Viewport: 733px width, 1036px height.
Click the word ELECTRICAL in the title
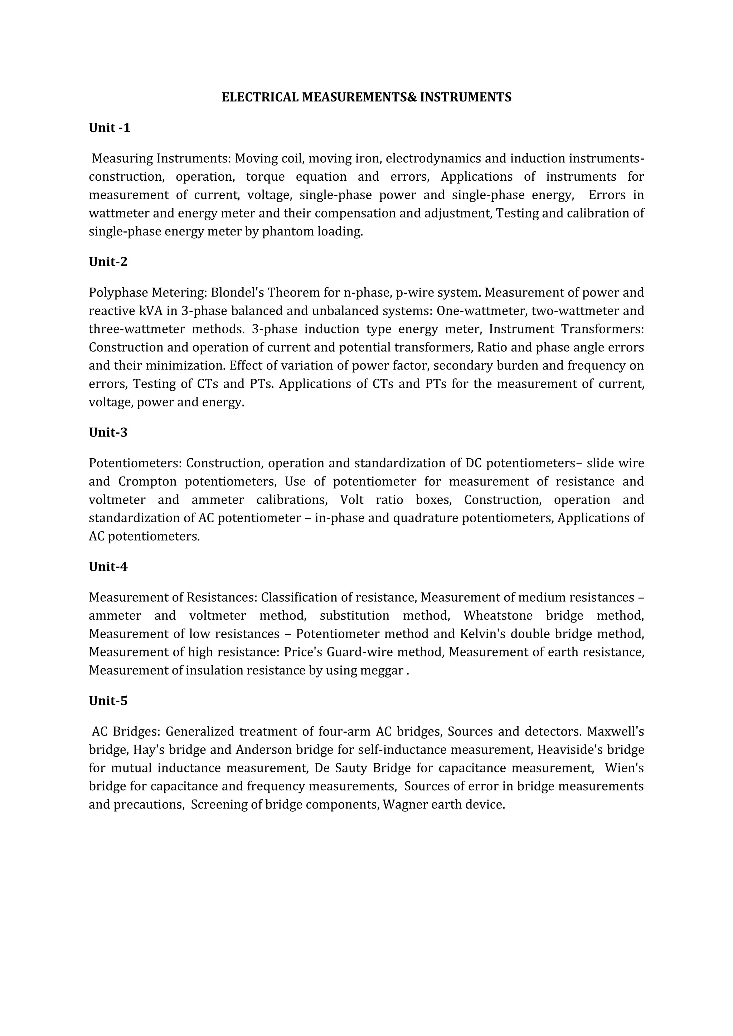click(260, 97)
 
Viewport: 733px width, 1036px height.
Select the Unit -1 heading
click(110, 128)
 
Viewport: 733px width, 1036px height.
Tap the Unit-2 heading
click(108, 262)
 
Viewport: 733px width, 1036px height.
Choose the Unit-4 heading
click(108, 566)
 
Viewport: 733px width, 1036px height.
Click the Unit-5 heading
click(108, 701)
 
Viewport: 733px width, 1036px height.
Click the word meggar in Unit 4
click(382, 670)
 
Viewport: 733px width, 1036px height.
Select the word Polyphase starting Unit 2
click(118, 293)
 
